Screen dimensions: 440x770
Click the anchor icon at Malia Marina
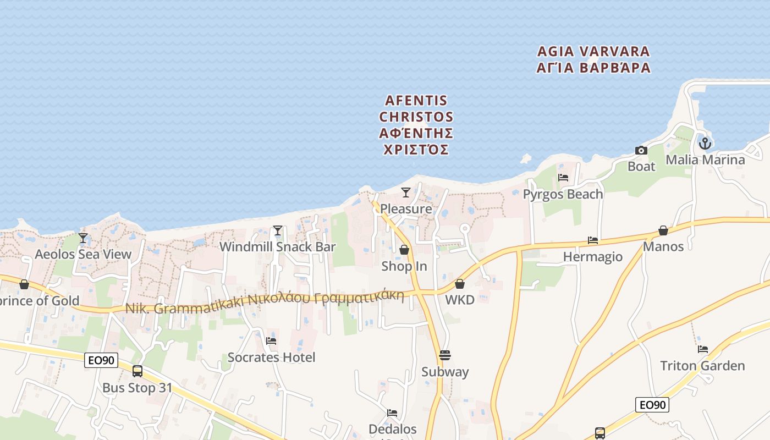pos(705,144)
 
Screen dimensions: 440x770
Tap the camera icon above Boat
pos(641,150)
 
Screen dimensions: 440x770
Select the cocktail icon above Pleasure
pos(406,193)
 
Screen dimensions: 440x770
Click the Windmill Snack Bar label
pos(277,247)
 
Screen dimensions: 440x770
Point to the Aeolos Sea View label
pos(83,254)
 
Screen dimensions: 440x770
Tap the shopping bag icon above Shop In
pos(404,250)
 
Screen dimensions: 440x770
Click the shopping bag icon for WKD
pos(460,284)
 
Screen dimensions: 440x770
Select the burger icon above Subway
pos(445,355)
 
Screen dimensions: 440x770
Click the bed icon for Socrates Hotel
pos(271,341)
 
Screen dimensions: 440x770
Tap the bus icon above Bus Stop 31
pos(137,371)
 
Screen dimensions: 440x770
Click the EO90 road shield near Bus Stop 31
pos(102,360)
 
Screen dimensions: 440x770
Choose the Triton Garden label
pos(702,366)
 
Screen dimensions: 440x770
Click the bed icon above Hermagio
pos(593,240)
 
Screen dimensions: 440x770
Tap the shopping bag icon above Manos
pos(663,230)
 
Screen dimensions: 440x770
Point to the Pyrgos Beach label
pos(563,194)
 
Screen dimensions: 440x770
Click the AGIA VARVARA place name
pos(593,52)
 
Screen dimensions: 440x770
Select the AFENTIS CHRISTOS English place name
pos(416,109)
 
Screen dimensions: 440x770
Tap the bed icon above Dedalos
pos(392,413)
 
